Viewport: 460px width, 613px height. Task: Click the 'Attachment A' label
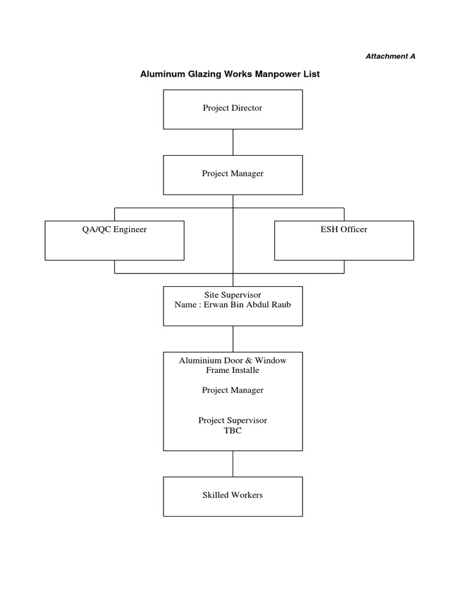pos(391,56)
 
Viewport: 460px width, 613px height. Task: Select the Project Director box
pos(233,110)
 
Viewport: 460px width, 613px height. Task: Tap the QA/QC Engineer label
pos(114,229)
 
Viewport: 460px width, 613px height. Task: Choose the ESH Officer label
pos(344,229)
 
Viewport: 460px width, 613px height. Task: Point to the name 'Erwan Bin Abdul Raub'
pos(247,305)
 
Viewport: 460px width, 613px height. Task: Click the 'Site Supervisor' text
pos(233,295)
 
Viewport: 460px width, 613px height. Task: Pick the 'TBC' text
pos(233,430)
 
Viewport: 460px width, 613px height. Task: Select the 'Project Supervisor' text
pos(233,420)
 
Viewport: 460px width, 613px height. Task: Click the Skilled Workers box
pos(233,496)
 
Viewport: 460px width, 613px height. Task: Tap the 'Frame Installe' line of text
pos(233,370)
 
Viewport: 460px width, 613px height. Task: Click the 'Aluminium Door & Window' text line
pos(233,360)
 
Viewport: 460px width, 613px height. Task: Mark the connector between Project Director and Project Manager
pos(233,142)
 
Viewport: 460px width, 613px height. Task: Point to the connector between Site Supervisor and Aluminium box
pos(233,339)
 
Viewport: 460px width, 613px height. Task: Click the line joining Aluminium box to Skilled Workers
pos(233,464)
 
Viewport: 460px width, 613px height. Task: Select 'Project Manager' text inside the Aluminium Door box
pos(233,390)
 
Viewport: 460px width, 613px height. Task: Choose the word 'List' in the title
pos(313,74)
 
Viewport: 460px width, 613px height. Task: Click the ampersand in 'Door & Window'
pos(249,360)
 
